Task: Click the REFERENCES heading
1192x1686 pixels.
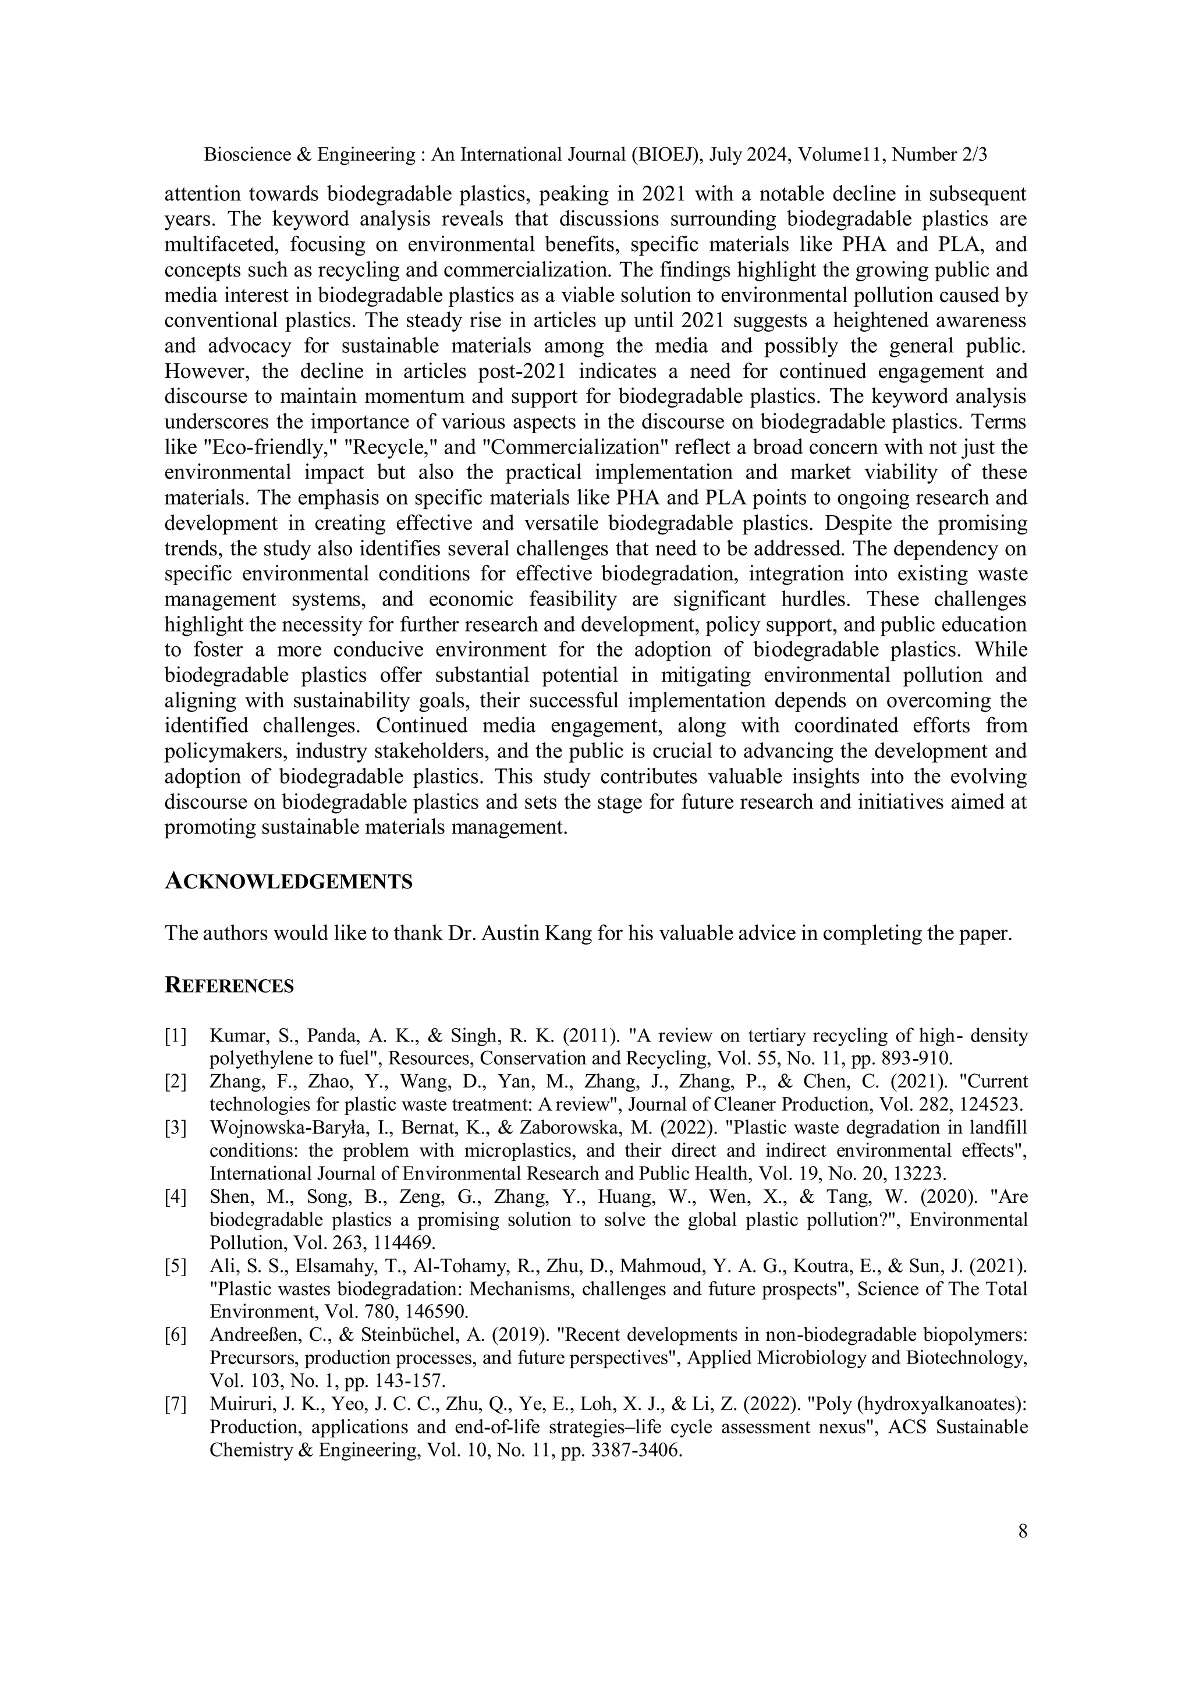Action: tap(229, 986)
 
